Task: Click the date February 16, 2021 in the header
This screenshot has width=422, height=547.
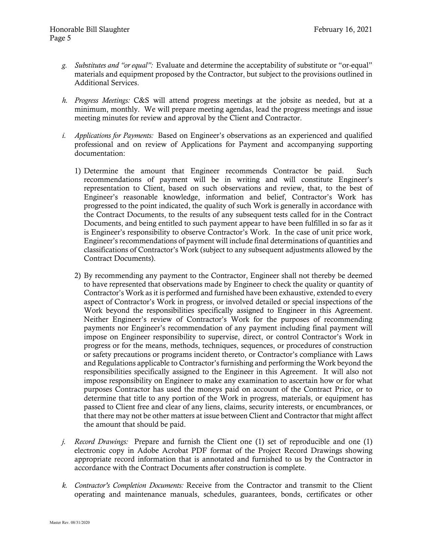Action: point(343,29)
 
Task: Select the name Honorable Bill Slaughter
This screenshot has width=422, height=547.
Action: point(89,29)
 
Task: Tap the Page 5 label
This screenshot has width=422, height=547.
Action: point(60,38)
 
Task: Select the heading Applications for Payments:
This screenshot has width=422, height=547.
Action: point(114,136)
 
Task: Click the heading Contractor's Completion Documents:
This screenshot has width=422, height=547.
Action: point(129,485)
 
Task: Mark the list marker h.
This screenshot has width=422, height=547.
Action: point(64,100)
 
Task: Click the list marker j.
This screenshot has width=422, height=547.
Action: point(64,442)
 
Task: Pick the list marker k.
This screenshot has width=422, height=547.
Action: point(64,485)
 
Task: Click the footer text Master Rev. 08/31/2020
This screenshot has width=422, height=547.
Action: point(70,522)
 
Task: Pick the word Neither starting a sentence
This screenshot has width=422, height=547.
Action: point(96,319)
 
